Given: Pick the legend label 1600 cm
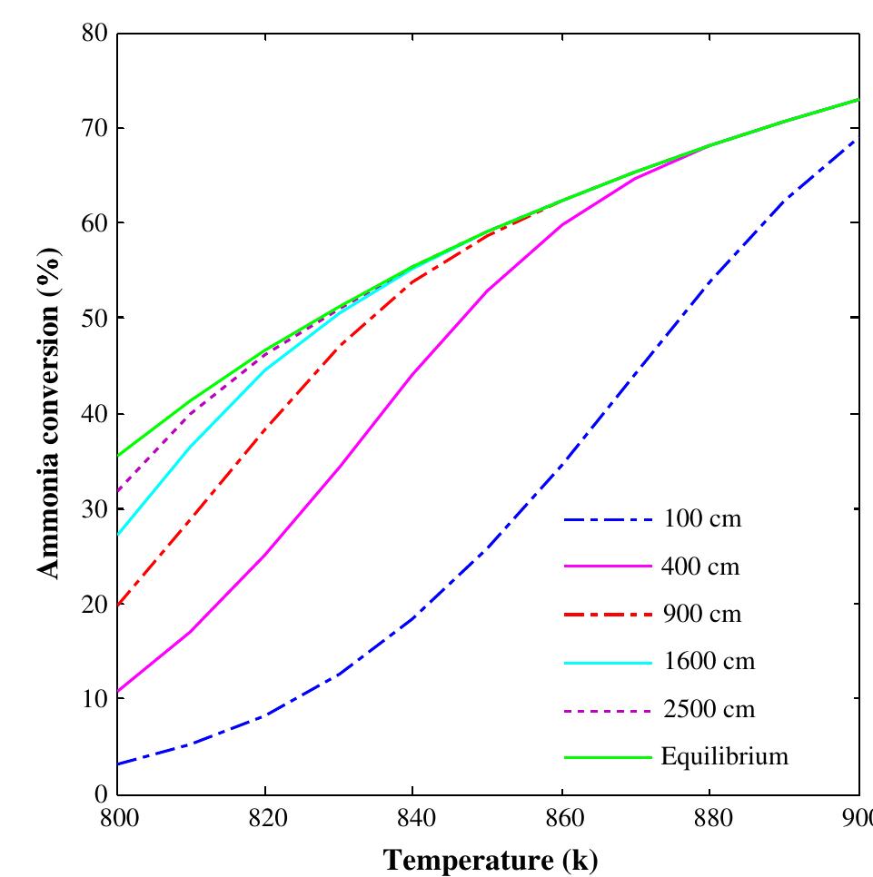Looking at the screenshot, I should coord(707,662).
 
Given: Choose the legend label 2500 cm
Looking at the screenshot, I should coord(707,709).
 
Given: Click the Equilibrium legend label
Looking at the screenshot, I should coord(724,756).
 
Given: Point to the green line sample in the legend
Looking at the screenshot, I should coord(608,756).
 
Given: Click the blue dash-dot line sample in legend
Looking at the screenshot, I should coord(608,520).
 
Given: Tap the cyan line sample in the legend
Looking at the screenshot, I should coord(608,662).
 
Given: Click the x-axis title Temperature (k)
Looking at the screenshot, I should coord(490,859).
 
